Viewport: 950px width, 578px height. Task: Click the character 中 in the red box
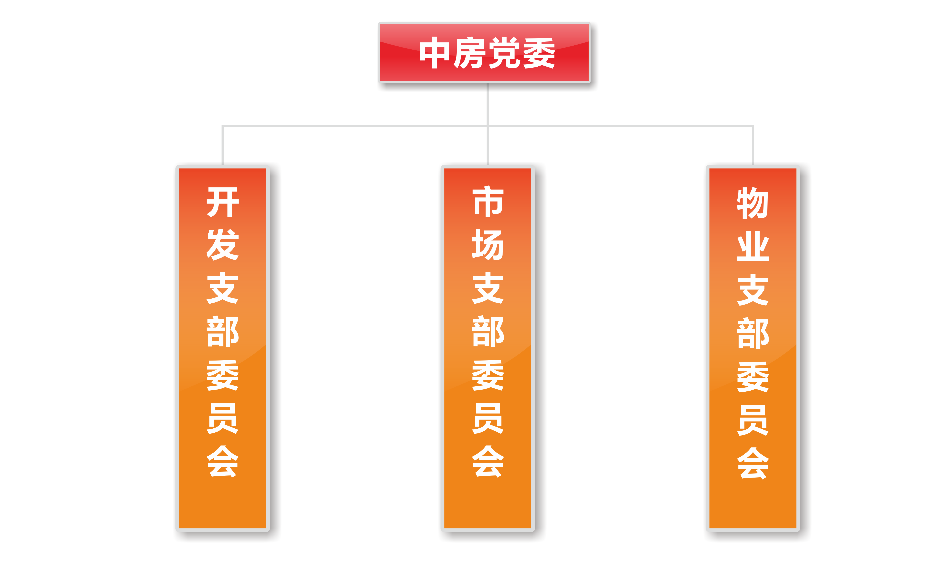coord(434,53)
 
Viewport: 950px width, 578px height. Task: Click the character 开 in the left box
coord(223,202)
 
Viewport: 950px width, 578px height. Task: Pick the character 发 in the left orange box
coord(223,245)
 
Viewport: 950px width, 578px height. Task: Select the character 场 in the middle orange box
coord(488,245)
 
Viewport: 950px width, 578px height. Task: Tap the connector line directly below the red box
coord(488,104)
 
